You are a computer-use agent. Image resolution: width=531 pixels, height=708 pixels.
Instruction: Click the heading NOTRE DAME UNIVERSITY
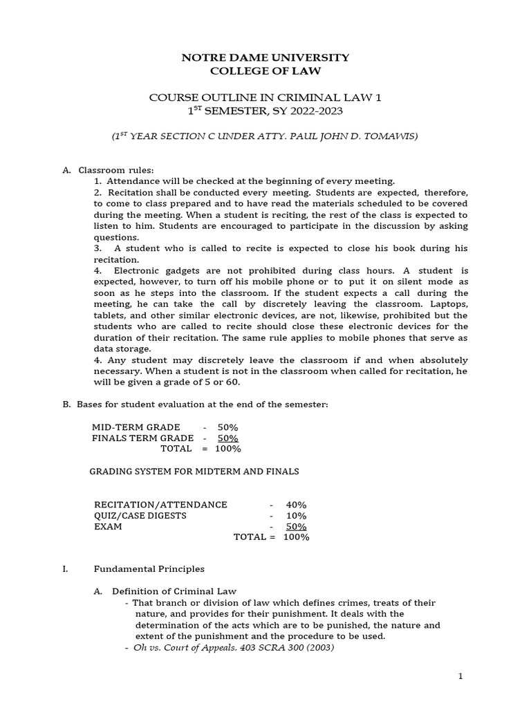pos(265,57)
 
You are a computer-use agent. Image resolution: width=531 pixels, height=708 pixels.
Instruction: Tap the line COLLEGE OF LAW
pos(265,71)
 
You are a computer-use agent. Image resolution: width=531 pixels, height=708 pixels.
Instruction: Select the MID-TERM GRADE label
pos(136,427)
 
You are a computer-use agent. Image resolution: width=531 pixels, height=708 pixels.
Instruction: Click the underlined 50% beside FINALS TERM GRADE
pos(227,438)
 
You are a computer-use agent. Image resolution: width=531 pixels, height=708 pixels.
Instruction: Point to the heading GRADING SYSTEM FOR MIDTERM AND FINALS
pos(195,472)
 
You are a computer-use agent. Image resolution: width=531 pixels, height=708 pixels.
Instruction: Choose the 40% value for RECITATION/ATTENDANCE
pos(296,505)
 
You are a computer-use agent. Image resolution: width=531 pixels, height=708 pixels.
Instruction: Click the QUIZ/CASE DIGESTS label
pos(140,516)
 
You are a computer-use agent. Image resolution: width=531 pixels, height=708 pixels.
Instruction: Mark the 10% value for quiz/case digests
pos(296,516)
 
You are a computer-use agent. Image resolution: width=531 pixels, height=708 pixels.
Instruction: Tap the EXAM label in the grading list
pos(108,526)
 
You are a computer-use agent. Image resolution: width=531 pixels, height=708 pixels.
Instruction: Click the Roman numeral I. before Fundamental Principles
pos(65,569)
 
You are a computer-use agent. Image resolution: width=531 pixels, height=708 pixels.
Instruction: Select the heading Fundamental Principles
pos(149,569)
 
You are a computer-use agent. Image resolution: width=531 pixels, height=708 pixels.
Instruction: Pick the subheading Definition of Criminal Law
pos(174,591)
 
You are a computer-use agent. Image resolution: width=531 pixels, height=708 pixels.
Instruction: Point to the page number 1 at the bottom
pos(460,676)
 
